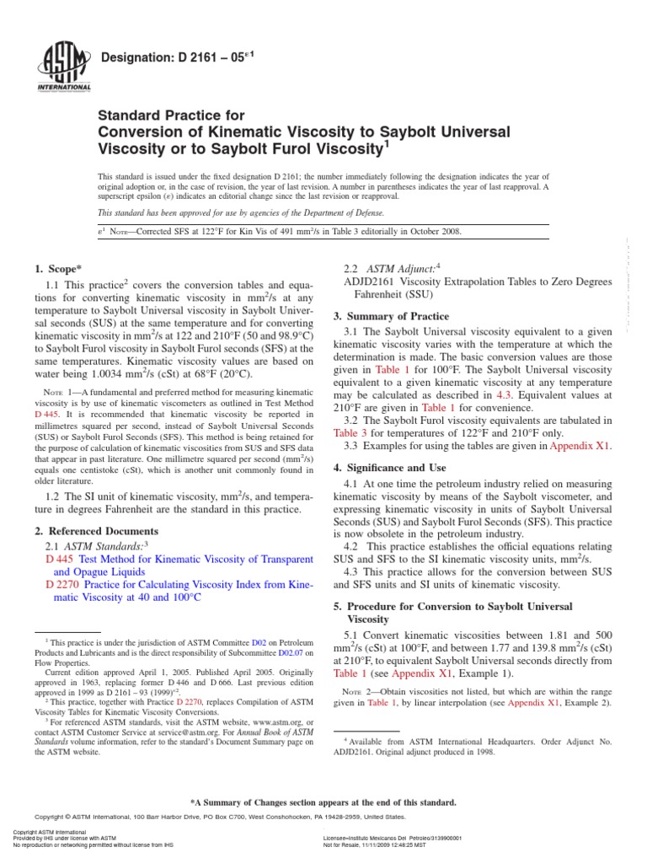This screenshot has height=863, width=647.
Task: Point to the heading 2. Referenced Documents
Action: pos(96,531)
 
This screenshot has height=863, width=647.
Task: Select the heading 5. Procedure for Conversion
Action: pos(452,606)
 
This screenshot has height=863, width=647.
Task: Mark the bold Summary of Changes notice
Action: pos(323,801)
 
